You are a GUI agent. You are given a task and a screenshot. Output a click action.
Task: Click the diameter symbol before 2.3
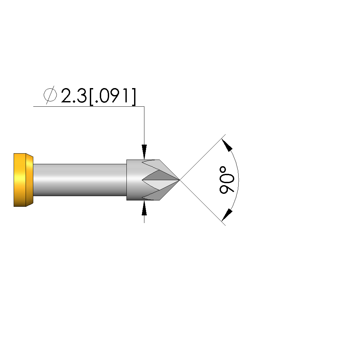tap(50, 95)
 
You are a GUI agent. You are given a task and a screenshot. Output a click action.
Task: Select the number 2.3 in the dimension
tap(74, 95)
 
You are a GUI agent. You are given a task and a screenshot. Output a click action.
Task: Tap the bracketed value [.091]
tap(112, 96)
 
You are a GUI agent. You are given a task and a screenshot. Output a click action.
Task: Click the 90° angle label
tap(227, 180)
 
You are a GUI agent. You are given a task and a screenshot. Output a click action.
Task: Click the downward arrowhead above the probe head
tap(144, 152)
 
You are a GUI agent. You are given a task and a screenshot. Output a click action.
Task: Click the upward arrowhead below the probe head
tap(144, 208)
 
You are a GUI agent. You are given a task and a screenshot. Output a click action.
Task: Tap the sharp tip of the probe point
tap(179, 180)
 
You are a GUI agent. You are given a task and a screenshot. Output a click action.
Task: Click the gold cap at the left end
tap(23, 180)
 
